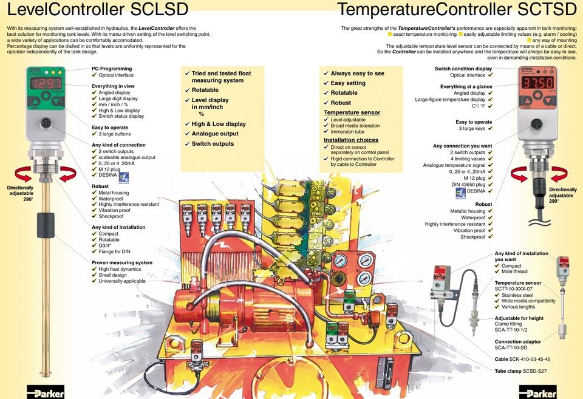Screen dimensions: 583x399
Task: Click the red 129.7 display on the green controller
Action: coord(46,83)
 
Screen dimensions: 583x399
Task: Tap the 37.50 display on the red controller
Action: coord(537,82)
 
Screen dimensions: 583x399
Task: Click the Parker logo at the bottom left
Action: coord(46,392)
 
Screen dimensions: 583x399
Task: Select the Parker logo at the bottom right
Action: coord(538,392)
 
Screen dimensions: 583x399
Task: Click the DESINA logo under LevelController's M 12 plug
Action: coord(124,178)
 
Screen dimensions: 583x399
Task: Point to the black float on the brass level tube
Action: coord(46,225)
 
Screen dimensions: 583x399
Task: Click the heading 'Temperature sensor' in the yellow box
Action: coord(352,112)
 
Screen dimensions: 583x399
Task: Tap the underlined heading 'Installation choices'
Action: coord(351,140)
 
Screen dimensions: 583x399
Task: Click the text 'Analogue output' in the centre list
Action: coord(215,134)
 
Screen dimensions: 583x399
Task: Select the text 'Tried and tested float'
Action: coord(221,73)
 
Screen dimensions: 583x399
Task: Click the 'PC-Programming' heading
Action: coord(112,69)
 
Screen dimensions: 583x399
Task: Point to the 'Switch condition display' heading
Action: coord(463,69)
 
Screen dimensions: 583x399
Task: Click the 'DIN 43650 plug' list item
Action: coord(468,185)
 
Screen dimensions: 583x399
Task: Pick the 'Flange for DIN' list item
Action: coord(115,252)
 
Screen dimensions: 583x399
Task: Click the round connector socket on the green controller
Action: coord(46,123)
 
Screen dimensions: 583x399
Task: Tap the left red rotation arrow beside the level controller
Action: coord(23,174)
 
